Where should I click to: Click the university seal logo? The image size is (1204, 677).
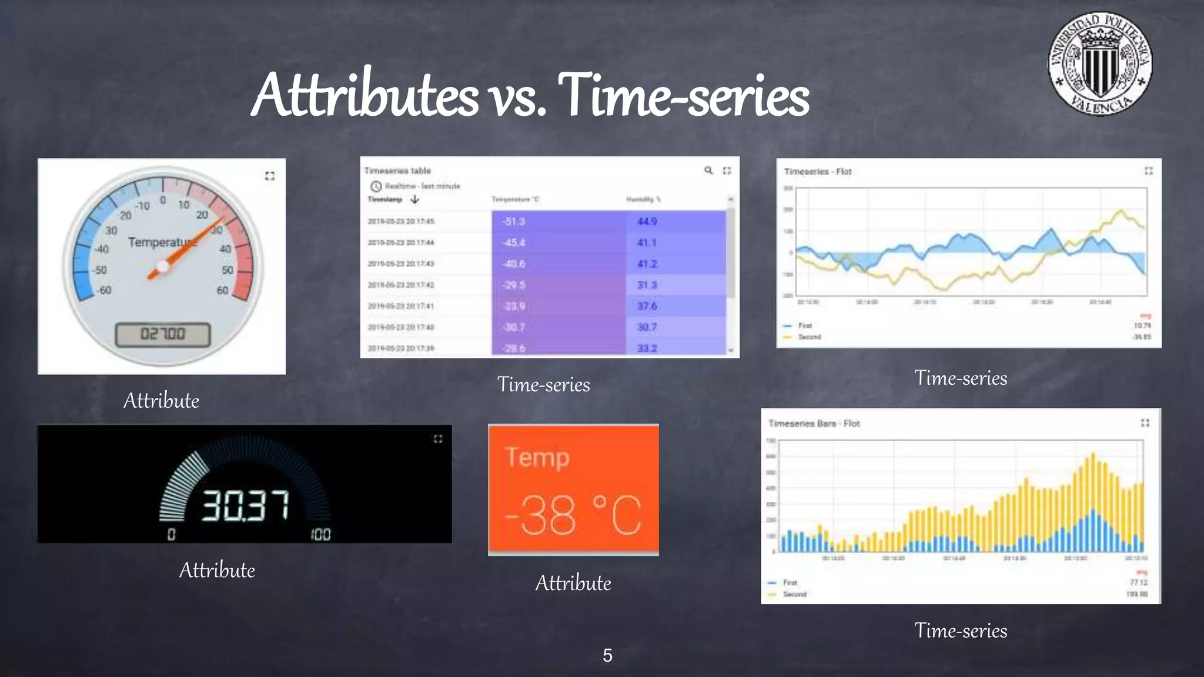pos(1100,63)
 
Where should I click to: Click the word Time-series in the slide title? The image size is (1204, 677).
pos(683,95)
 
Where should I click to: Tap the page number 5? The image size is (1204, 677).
pos(607,655)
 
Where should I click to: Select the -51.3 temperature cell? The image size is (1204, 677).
pos(513,222)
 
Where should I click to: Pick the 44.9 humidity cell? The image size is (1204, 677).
pos(647,222)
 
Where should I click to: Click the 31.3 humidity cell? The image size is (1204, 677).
pos(647,285)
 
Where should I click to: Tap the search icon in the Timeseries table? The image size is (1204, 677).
pos(708,170)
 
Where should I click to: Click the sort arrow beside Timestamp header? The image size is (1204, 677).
pos(415,199)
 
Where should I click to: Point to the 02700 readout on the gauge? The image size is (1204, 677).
pos(163,334)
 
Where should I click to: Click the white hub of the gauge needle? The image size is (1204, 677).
pos(163,267)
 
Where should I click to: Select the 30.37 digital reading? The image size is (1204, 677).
pos(246,506)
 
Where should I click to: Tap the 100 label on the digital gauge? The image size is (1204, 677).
pos(320,534)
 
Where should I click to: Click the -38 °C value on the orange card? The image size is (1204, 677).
pos(573,515)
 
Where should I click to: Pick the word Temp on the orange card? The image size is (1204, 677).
pos(537,458)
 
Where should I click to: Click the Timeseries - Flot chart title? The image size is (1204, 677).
pos(818,172)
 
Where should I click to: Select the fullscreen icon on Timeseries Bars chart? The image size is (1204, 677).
pos(1145,423)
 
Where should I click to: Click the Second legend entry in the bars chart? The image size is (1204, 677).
pos(794,594)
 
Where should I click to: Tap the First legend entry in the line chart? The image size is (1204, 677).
pos(804,326)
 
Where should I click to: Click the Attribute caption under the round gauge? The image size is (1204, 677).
pos(161,401)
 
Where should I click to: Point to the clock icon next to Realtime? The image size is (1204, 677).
pos(376,186)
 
